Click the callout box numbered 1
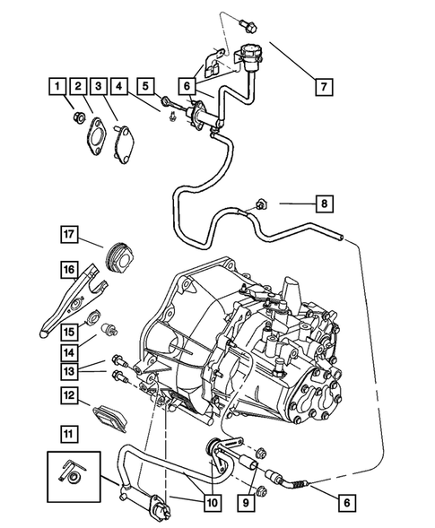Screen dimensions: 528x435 (57, 87)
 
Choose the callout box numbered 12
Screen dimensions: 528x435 (68, 394)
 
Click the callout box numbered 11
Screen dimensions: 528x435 (68, 433)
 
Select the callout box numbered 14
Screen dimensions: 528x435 (68, 341)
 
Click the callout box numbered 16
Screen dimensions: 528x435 (68, 268)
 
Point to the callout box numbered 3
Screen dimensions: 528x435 (100, 87)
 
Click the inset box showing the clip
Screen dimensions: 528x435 (73, 476)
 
